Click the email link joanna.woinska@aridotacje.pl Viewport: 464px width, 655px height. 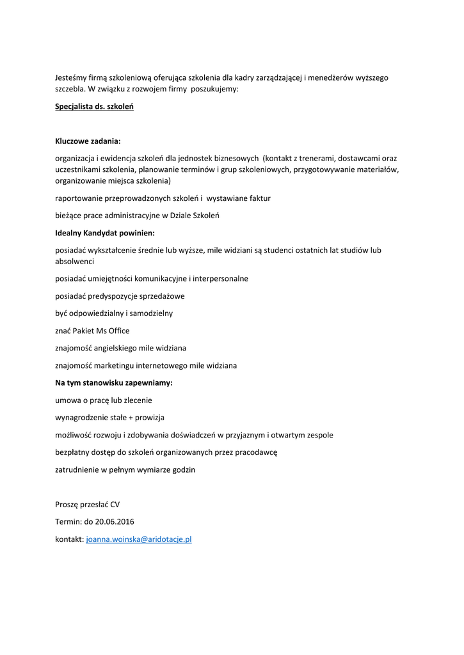coord(139,539)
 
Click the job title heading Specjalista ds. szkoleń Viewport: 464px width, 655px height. coord(94,106)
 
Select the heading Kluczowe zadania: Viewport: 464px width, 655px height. coord(88,141)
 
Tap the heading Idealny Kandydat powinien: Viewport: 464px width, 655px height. coord(105,233)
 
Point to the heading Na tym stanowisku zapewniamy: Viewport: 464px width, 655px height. coord(114,383)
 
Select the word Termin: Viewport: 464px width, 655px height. coord(68,521)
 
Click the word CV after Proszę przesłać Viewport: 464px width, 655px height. coord(115,504)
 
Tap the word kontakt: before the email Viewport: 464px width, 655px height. coord(69,539)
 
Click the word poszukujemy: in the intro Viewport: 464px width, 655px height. coord(214,89)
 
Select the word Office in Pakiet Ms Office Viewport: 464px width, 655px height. coord(118,331)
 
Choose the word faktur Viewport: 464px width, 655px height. coord(257,198)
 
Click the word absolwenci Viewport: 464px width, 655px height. coord(75,262)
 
